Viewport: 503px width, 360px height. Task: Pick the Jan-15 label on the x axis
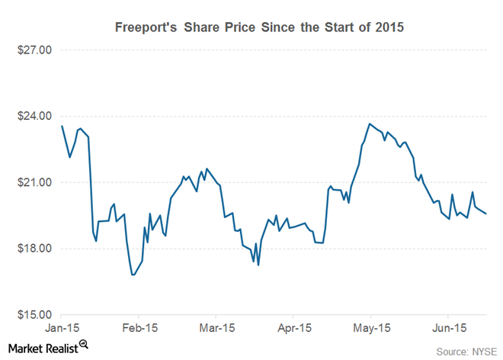point(61,329)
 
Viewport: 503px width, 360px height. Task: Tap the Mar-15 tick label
point(216,329)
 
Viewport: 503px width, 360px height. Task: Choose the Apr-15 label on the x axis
point(293,329)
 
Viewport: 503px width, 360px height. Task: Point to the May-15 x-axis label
point(370,329)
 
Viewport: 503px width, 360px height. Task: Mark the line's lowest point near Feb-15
point(133,275)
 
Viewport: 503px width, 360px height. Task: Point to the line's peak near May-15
point(370,124)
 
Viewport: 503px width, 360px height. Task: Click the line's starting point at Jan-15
point(61,126)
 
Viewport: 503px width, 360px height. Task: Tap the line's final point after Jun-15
point(486,214)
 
